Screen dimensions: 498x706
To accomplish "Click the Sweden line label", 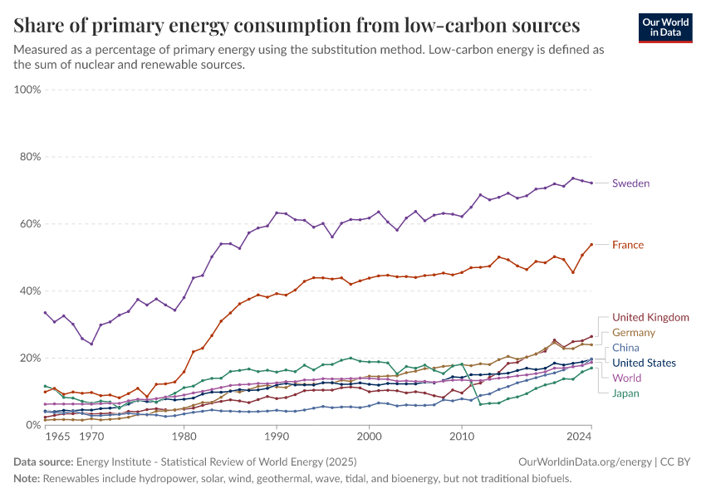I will pos(630,183).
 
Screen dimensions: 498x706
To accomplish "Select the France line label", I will pos(627,245).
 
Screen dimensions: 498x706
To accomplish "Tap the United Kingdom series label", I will pos(650,317).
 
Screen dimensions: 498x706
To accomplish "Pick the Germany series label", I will pos(634,332).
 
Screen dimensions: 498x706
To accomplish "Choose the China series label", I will pos(625,348).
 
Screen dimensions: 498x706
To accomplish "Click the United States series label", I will pos(644,363).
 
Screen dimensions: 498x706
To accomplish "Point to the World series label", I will pos(627,378).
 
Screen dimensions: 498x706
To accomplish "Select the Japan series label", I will pos(626,393).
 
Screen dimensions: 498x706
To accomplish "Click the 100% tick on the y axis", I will pos(27,90).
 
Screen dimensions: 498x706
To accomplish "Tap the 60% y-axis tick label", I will pos(30,224).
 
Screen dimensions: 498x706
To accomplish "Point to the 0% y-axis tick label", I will pos(32,425).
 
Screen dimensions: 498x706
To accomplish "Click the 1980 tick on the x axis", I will pos(184,437).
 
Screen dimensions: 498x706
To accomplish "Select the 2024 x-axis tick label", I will pos(578,437).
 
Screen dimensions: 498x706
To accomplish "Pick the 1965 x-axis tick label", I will pos(57,437).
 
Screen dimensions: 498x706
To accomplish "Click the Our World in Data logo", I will pos(665,27).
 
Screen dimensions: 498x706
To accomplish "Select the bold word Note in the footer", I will pos(27,479).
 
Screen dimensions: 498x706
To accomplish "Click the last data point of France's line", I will pos(591,244).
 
